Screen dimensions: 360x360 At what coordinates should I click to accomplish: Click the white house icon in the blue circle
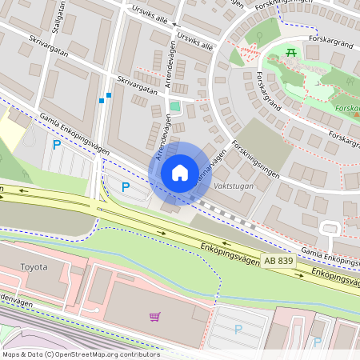click(180, 173)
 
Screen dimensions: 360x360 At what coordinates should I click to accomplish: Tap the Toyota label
click(34, 267)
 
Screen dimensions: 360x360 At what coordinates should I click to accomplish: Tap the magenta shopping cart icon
click(154, 316)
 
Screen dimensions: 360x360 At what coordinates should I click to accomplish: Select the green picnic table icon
click(291, 53)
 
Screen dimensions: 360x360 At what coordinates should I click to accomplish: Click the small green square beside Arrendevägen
click(175, 106)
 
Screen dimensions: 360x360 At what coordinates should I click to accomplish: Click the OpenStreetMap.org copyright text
click(80, 354)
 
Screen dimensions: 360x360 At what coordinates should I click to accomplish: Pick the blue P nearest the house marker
click(125, 186)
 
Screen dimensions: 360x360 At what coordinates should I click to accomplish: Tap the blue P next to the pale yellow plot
click(56, 145)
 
